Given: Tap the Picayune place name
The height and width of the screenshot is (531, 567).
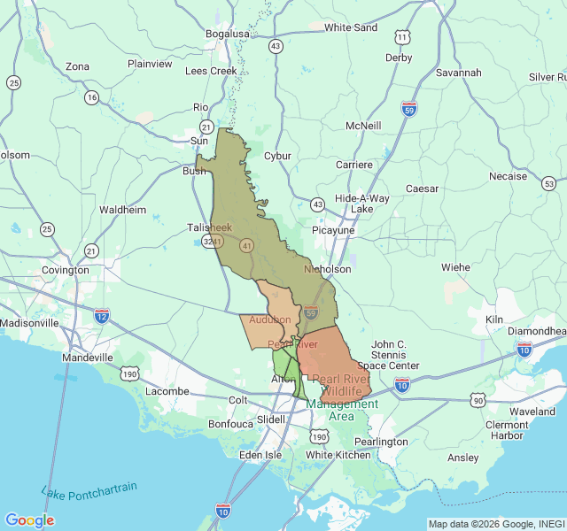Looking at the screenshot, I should tap(333, 230).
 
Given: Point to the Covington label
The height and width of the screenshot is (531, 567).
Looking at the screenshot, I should tap(65, 270).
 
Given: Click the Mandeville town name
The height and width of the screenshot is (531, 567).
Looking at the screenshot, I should tap(88, 358).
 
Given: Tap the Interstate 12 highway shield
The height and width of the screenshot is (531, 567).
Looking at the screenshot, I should tap(102, 314).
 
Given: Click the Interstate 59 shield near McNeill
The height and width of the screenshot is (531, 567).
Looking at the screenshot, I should tap(408, 110).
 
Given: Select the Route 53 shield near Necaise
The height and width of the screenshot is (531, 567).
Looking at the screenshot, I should tap(549, 183).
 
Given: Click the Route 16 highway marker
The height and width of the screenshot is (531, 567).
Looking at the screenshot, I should tap(91, 97).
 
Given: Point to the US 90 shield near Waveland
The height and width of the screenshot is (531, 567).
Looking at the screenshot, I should tap(478, 400).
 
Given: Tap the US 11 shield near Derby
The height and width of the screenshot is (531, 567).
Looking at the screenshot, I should tap(403, 37).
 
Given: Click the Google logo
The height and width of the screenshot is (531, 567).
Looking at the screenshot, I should tap(29, 520).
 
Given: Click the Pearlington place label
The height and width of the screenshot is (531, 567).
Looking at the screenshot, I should tap(380, 441).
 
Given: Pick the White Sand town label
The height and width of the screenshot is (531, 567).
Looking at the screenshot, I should tap(350, 27).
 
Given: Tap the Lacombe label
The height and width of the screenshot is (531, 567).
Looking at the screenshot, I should tap(167, 390).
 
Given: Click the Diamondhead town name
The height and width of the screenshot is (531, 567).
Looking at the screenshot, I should tap(535, 330).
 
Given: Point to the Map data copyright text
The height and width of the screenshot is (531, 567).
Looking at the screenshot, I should tap(494, 523).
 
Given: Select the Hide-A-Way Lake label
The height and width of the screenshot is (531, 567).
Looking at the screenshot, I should tap(361, 204).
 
